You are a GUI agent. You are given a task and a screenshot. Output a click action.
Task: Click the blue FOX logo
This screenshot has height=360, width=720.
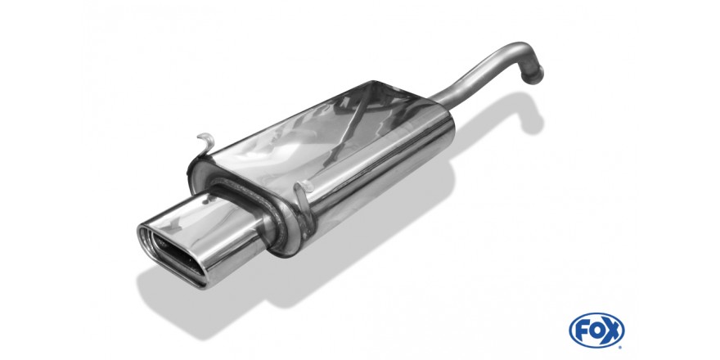596,331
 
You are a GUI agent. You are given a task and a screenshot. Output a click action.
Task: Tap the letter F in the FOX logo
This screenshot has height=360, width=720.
583,331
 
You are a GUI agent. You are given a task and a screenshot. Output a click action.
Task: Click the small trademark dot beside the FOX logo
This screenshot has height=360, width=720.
622,346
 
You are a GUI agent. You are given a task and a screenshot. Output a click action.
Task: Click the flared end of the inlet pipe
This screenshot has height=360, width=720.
535,74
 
